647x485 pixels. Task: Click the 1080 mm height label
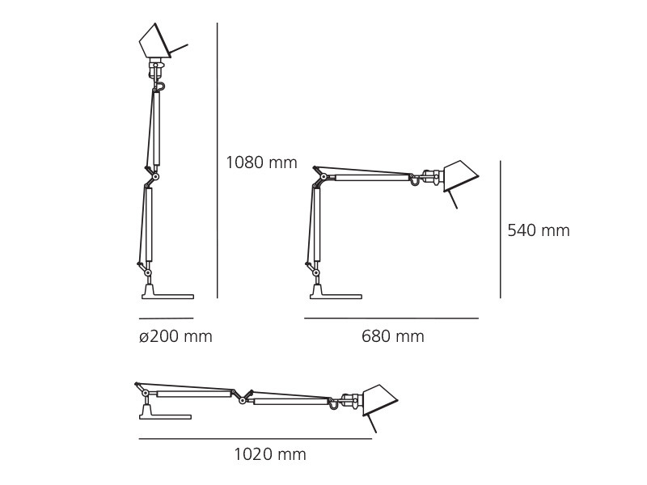tap(261, 162)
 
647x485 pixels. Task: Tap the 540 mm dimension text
tap(538, 230)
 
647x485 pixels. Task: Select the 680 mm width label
tap(392, 336)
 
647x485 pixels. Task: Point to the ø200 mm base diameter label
tap(175, 336)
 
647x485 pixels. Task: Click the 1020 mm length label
tap(270, 454)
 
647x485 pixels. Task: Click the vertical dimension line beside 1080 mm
tap(218, 162)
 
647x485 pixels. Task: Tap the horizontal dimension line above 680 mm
tap(391, 318)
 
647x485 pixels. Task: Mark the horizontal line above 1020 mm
tap(255, 439)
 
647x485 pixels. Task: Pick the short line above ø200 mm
tap(166, 318)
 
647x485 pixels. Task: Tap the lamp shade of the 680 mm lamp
tap(459, 175)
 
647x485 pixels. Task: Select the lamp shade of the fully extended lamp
tap(378, 400)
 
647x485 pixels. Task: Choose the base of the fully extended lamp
tap(165, 415)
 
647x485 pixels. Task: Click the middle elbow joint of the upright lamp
tap(155, 176)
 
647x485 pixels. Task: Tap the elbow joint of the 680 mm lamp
tap(323, 177)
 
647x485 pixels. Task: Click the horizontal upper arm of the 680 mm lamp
tap(372, 177)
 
